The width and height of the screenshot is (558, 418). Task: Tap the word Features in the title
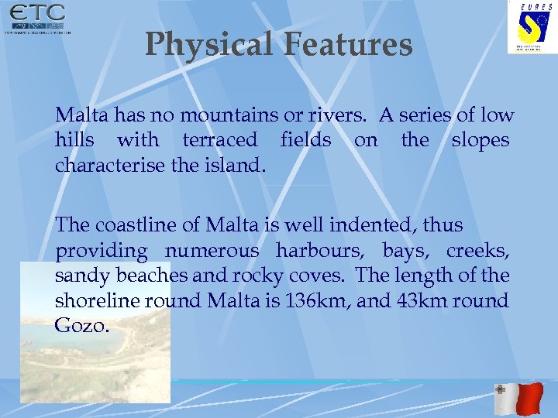point(347,45)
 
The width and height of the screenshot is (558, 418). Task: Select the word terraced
point(219,140)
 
